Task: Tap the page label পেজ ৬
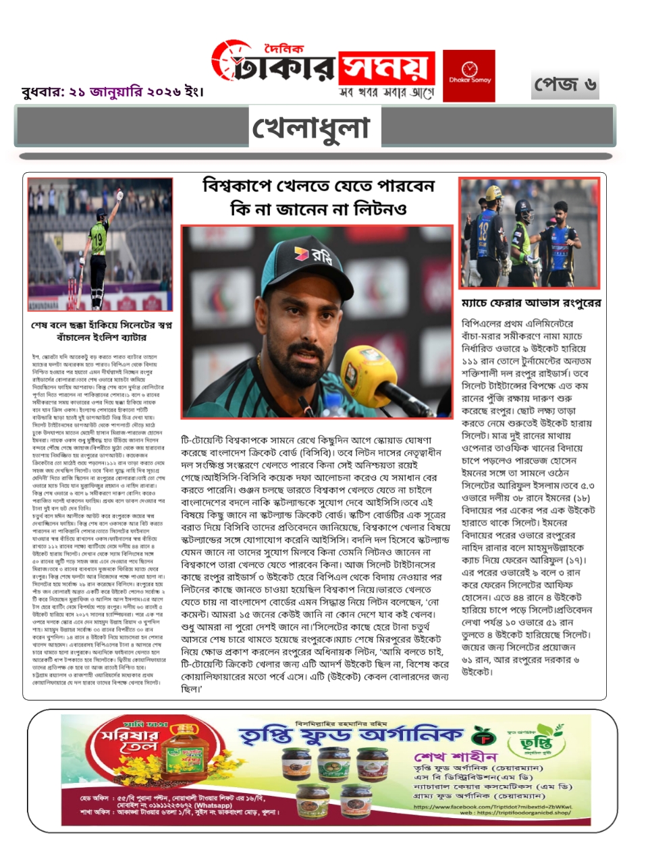(x=565, y=84)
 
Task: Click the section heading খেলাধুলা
(x=311, y=128)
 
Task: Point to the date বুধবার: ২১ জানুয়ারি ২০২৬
(x=112, y=91)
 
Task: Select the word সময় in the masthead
(x=385, y=68)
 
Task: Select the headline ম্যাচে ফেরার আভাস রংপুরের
(x=531, y=303)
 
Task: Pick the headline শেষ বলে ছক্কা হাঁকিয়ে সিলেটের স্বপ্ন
(x=101, y=325)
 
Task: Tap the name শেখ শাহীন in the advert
(x=456, y=757)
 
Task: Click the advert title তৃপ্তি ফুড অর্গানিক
(x=351, y=735)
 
